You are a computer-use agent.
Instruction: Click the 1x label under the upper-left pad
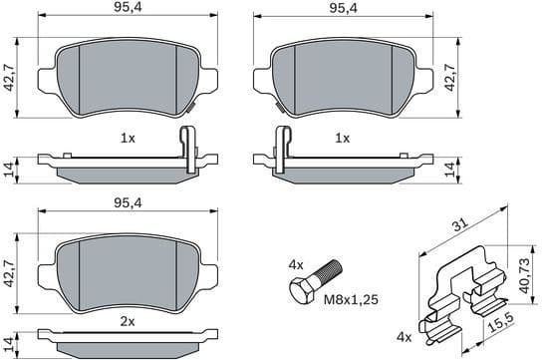tap(127, 137)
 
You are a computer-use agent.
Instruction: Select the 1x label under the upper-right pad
tap(343, 137)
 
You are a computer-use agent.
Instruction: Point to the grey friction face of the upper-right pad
tap(343, 75)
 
